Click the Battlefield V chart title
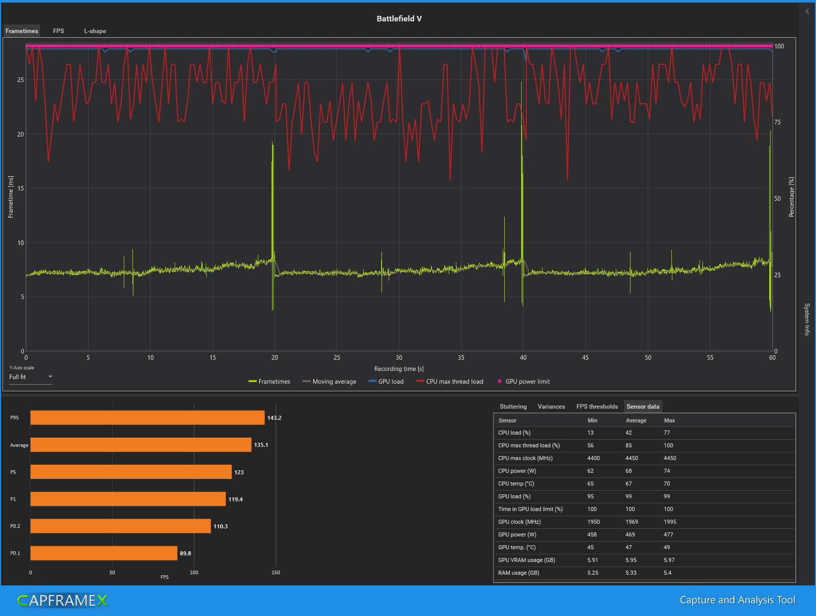point(399,18)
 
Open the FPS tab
point(59,31)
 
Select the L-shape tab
point(95,31)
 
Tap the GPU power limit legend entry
point(524,382)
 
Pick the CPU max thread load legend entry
point(450,382)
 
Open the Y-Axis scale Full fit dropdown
point(31,377)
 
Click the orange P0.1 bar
point(104,553)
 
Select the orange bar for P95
point(147,417)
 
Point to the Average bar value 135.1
point(261,445)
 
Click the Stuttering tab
point(513,406)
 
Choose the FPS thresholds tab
point(597,406)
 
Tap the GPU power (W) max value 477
point(668,534)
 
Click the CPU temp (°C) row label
point(516,484)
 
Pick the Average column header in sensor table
point(636,420)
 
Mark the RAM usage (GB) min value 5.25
point(593,573)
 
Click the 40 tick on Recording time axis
point(523,358)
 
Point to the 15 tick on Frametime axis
point(20,189)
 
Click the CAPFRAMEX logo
point(63,600)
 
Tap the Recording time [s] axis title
point(399,369)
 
